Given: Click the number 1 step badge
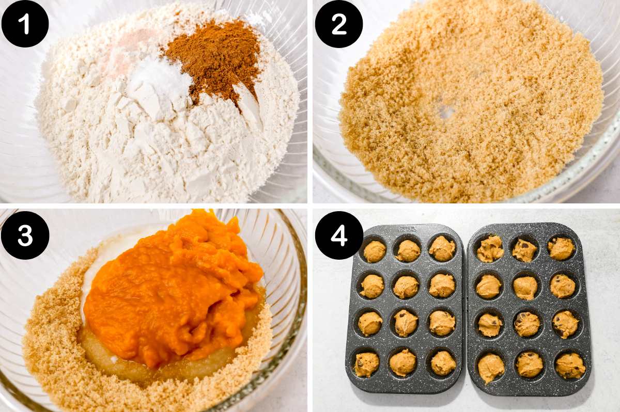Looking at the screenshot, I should pyautogui.click(x=25, y=24).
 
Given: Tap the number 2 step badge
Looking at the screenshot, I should pyautogui.click(x=339, y=24).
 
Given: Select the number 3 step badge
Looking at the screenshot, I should pyautogui.click(x=25, y=235).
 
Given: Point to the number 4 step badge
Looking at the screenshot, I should pyautogui.click(x=339, y=235).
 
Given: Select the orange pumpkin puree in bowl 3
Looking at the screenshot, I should pyautogui.click(x=171, y=289).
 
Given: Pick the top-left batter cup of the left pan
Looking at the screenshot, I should pyautogui.click(x=374, y=251).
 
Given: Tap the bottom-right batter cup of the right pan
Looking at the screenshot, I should pyautogui.click(x=570, y=365).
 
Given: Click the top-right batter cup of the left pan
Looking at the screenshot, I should pyautogui.click(x=442, y=248).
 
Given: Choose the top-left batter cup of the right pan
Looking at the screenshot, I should pyautogui.click(x=489, y=249).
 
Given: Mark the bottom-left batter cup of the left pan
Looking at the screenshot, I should pyautogui.click(x=366, y=364).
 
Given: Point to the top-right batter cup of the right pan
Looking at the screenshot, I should pyautogui.click(x=561, y=248).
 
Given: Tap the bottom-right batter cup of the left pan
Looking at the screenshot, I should pyautogui.click(x=443, y=363).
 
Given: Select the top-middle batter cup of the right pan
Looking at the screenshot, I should pyautogui.click(x=524, y=250).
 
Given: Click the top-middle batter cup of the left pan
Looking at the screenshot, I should pyautogui.click(x=408, y=250).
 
